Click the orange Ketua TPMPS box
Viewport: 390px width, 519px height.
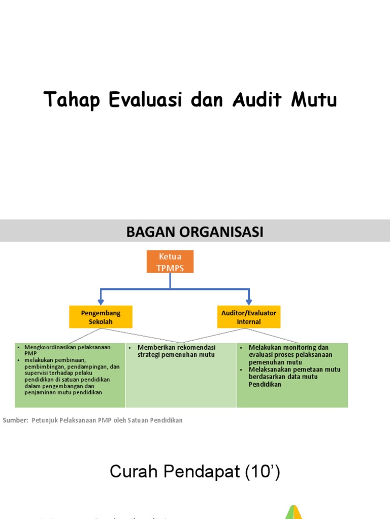coord(170,262)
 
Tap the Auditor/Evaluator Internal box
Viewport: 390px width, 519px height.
coord(248,317)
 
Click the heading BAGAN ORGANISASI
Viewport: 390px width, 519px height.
coord(194,232)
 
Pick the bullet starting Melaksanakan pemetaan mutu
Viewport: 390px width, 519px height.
coord(295,377)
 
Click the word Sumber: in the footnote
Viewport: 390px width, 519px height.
coord(15,420)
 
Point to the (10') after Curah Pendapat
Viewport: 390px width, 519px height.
coord(262,472)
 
